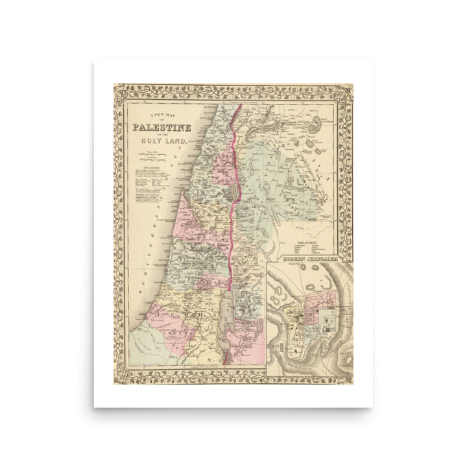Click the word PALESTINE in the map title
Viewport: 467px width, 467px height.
pyautogui.click(x=162, y=127)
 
